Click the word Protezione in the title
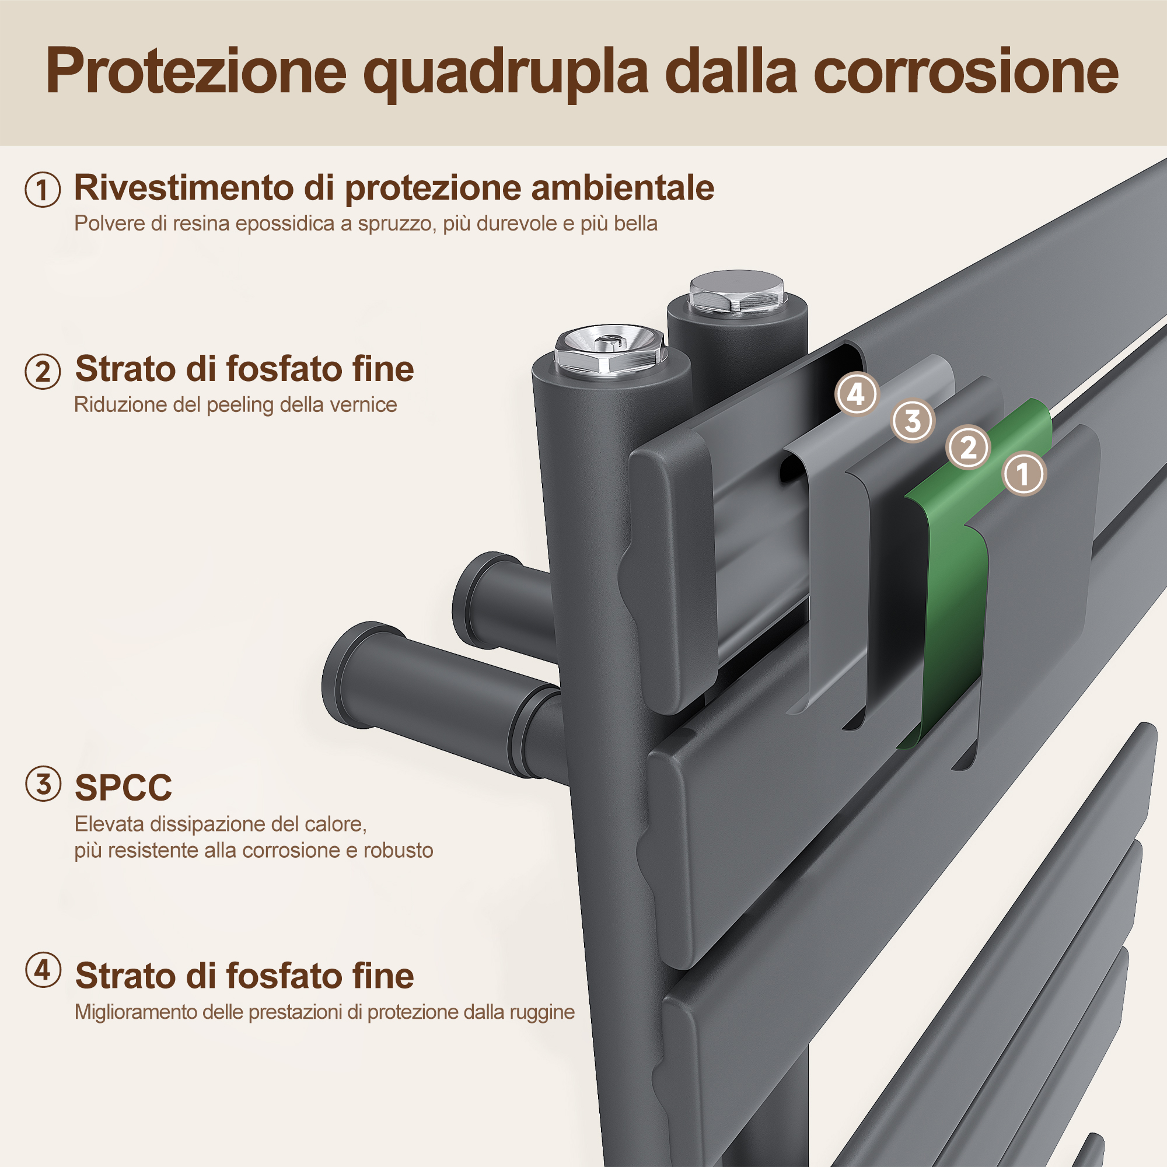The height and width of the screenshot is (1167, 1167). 196,71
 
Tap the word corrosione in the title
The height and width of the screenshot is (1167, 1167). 966,71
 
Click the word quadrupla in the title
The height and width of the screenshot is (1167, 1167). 505,73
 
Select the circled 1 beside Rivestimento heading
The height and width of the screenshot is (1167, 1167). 42,190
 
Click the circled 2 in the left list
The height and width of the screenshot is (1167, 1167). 42,372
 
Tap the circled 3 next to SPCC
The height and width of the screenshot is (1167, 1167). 43,784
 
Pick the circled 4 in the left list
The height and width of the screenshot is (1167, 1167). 43,971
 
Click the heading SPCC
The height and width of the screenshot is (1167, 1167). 123,788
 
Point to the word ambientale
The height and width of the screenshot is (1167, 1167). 622,188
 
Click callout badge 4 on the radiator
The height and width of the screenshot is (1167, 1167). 857,394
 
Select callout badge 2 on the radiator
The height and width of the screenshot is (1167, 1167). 967,448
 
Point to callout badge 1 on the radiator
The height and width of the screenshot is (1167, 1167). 1023,474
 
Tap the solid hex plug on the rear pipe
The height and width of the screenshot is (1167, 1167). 737,292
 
